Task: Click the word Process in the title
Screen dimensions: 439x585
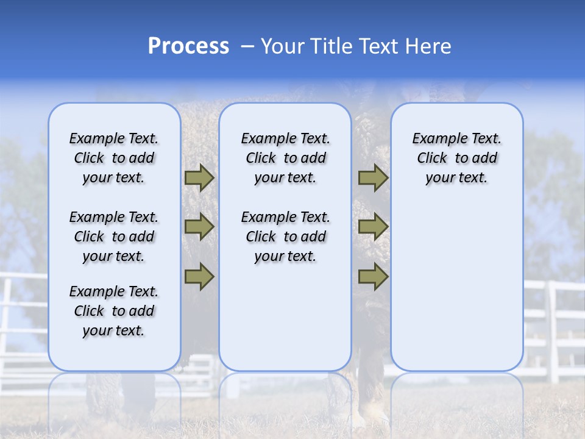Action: (188, 46)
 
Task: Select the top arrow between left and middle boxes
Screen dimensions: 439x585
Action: (199, 177)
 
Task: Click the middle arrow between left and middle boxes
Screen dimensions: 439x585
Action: (199, 227)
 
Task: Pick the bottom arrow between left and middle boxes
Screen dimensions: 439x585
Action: (199, 277)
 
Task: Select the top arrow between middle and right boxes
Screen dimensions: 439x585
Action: (373, 177)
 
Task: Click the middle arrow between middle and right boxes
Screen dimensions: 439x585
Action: (373, 227)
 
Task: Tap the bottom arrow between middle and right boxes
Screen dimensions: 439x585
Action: (373, 277)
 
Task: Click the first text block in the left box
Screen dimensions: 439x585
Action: (114, 158)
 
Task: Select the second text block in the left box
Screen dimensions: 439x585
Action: (114, 237)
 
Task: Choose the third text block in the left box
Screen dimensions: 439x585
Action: (114, 311)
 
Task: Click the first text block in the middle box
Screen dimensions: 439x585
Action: (285, 158)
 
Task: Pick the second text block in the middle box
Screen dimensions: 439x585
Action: (285, 237)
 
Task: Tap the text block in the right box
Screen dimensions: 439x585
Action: (456, 158)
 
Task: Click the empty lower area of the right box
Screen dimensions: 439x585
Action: (456, 287)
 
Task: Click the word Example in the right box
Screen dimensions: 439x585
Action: (436, 139)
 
